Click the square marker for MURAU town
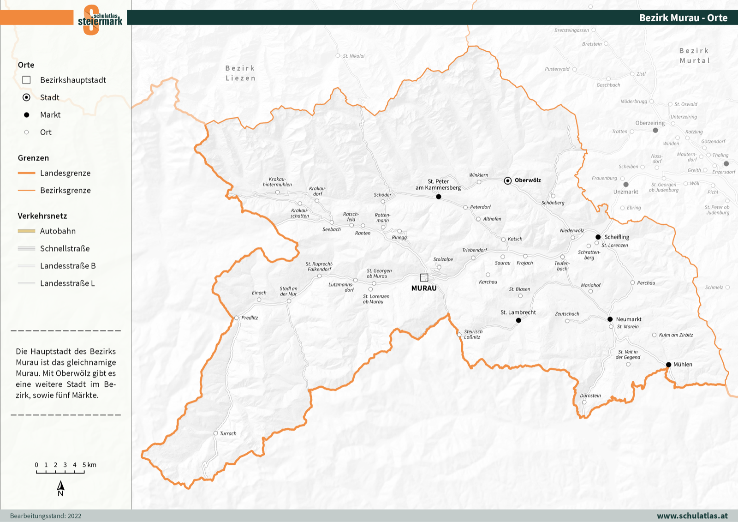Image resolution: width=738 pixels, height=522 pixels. pos(424,277)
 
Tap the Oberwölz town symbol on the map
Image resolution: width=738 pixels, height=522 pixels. pos(508,180)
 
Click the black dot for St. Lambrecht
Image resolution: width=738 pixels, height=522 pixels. pos(518,320)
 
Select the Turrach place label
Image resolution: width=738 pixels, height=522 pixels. pos(228,433)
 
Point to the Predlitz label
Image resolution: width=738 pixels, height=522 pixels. pos(250,318)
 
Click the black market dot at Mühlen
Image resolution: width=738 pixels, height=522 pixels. pos(668,365)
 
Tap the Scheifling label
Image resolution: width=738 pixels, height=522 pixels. pos(617,237)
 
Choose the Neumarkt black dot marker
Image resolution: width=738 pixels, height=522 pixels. pos(610,319)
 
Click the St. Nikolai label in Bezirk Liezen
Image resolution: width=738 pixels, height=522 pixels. pos(353,56)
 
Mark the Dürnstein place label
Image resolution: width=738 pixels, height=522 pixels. pos(590,396)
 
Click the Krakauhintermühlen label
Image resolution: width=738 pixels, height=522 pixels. pos(277,182)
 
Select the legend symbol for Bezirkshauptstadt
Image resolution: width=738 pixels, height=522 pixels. pos(27,80)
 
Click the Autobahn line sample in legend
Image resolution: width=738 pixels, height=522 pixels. pos(27,231)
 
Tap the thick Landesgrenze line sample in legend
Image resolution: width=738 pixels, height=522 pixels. pos(27,173)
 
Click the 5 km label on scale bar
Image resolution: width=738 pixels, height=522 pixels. pos(89,465)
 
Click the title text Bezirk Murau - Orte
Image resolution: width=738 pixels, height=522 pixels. pos(683,18)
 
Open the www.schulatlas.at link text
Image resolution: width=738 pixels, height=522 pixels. pos(692,516)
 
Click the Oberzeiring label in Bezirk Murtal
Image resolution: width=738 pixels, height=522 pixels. pos(649,123)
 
